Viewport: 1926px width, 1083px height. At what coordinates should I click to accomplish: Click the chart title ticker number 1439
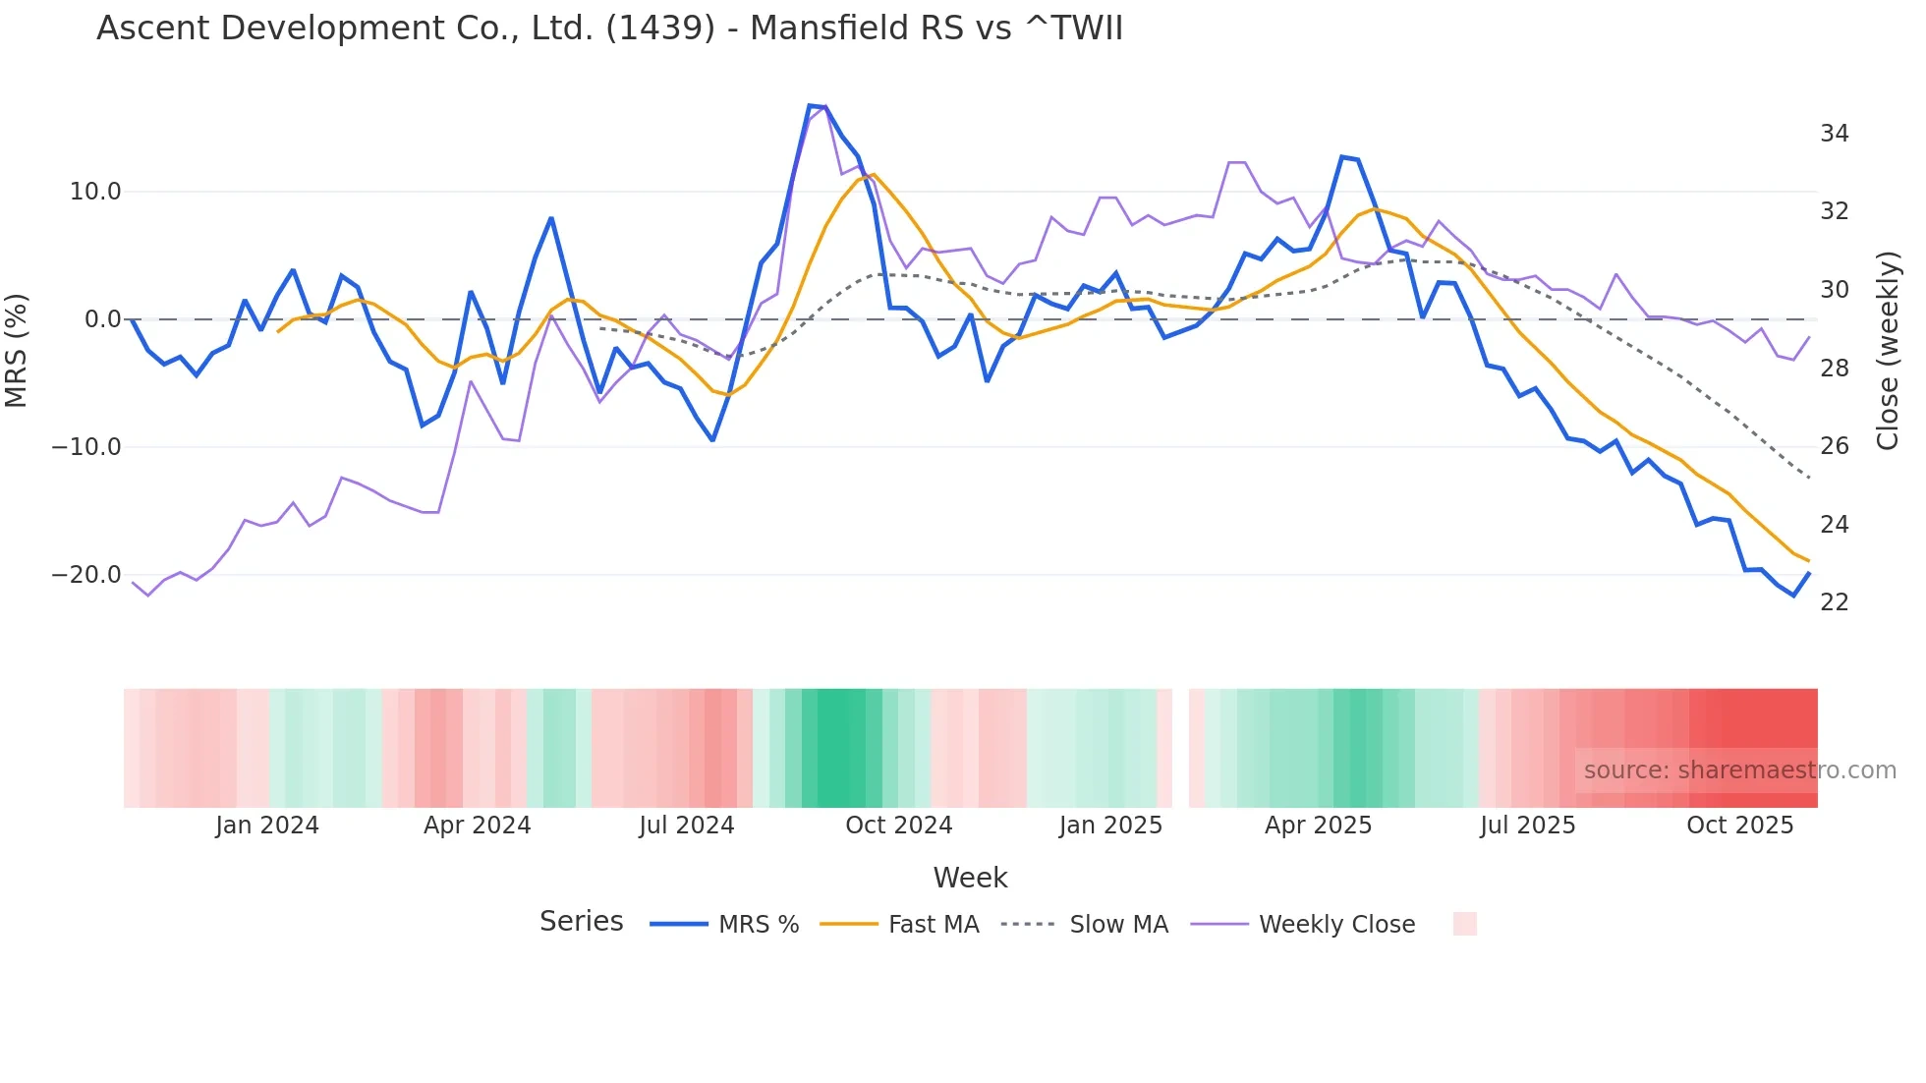click(x=660, y=28)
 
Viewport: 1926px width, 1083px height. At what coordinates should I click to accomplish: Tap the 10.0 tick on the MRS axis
click(x=95, y=192)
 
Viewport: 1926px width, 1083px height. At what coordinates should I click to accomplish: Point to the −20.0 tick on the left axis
click(x=86, y=575)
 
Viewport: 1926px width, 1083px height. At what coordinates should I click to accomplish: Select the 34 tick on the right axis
click(x=1834, y=134)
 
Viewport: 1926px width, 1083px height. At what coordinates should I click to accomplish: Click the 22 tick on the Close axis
click(x=1834, y=602)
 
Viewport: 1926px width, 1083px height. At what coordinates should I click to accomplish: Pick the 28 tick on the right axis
click(x=1834, y=369)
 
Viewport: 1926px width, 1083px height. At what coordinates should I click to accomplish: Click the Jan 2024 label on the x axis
click(x=267, y=826)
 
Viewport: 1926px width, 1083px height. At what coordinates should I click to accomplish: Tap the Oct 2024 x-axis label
click(x=898, y=826)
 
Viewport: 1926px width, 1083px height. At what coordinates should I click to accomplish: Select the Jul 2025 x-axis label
click(x=1527, y=826)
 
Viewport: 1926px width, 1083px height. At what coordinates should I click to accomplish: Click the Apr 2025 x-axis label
click(x=1318, y=826)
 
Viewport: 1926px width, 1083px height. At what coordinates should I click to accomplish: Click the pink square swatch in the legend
click(x=1464, y=924)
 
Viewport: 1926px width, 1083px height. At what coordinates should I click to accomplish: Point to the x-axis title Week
click(x=970, y=878)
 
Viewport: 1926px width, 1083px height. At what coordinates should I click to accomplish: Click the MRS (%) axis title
click(x=17, y=350)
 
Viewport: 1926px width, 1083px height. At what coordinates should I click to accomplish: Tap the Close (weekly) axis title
click(x=1887, y=351)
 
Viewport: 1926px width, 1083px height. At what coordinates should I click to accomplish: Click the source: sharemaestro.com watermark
click(x=1739, y=770)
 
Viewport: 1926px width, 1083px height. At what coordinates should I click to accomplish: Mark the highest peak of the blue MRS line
click(x=810, y=105)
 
